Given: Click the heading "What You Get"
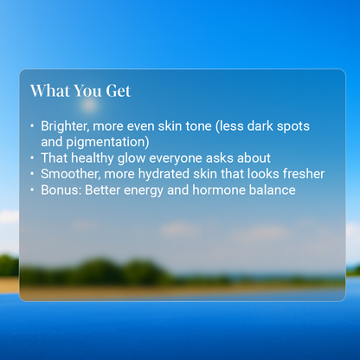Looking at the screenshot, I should (80, 91).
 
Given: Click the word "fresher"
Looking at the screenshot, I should (299, 173).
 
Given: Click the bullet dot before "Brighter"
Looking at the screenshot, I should (33, 127).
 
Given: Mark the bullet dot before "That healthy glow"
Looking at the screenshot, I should (33, 158).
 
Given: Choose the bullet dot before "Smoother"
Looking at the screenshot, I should (33, 174).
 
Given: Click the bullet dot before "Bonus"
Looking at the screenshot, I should (33, 190).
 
